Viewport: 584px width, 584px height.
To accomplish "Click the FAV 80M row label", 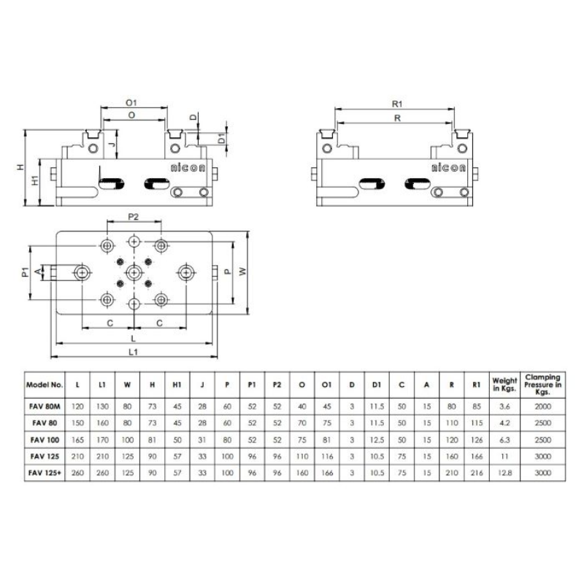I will point(45,406).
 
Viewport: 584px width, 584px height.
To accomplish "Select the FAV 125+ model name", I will point(45,473).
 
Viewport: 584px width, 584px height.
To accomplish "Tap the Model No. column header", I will point(45,383).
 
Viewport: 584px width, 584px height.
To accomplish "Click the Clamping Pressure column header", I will point(542,383).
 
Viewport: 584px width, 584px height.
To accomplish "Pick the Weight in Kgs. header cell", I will point(505,383).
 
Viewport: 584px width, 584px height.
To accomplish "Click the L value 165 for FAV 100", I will point(78,439).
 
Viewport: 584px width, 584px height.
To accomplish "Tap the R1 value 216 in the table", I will point(477,473).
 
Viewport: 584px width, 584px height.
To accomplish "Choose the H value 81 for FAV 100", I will point(151,439).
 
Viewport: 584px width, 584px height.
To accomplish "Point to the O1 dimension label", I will point(132,104).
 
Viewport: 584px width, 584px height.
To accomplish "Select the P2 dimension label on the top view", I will point(134,216).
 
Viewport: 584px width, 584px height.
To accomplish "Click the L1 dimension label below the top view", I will point(134,352).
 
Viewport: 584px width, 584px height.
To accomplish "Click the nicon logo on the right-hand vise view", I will point(447,167).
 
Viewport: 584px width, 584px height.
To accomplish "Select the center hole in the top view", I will point(134,272).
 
